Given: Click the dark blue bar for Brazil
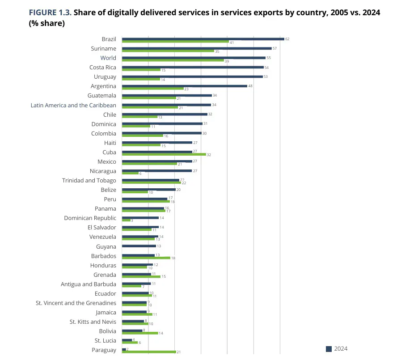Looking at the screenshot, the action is point(203,39).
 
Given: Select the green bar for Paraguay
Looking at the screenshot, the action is point(149,352).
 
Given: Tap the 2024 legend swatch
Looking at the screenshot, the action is point(329,349).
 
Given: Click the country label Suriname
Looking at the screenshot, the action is point(103,49).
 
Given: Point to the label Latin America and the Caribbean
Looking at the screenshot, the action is point(73,106).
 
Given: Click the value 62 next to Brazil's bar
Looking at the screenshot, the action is point(287,39).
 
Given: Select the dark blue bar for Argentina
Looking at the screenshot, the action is point(185,86).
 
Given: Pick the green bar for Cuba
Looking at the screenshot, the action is point(164,154).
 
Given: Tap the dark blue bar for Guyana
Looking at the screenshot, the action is point(139,246).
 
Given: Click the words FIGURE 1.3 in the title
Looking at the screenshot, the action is point(50,13).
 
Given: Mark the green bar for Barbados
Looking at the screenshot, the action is point(146,258).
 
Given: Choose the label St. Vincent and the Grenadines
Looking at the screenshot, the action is point(76,303).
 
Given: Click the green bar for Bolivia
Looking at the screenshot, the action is point(140,333).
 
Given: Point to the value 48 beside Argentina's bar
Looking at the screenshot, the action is point(250,86).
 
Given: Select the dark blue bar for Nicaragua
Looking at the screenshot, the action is point(157,171).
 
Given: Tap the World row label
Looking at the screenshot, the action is point(108,58).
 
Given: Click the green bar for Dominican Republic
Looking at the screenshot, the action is point(126,220).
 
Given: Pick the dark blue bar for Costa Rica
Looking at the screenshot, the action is point(193,67).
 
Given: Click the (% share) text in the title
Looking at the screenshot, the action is point(47,23).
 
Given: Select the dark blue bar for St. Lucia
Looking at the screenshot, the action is point(127,340).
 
